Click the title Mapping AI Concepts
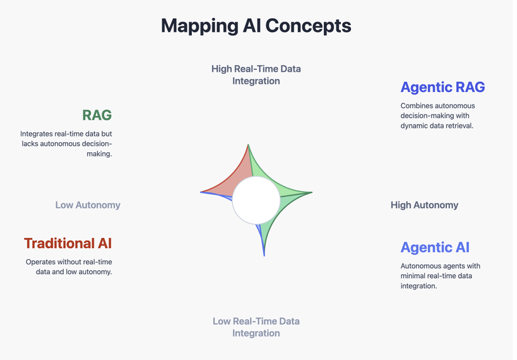(x=256, y=26)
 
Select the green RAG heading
(x=97, y=115)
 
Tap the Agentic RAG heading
(x=442, y=87)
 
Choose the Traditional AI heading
(x=68, y=244)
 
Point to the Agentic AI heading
(x=435, y=247)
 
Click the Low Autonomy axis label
(x=88, y=205)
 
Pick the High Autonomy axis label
(x=424, y=205)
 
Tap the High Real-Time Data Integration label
(x=256, y=75)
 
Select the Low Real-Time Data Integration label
(x=256, y=327)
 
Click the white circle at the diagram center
(x=256, y=200)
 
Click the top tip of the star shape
(x=248, y=144)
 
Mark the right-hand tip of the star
(x=312, y=192)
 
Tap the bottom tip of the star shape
(x=264, y=256)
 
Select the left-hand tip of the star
(x=200, y=192)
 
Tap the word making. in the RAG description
(x=99, y=154)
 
